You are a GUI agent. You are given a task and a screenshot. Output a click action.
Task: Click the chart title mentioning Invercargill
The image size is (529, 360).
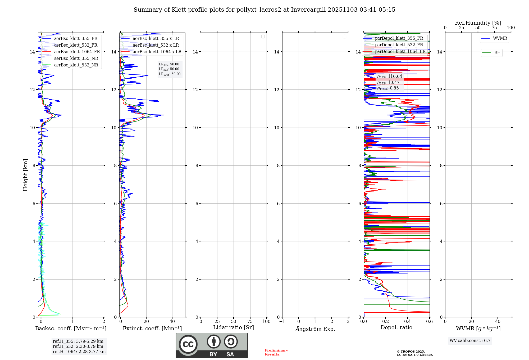click(x=264, y=10)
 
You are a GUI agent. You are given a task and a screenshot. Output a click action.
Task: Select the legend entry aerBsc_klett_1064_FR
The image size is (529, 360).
click(x=77, y=52)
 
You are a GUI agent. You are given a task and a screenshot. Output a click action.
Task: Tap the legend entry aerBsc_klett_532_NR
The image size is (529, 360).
click(x=76, y=65)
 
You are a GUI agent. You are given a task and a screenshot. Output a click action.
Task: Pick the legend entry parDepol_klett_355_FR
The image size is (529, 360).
click(x=399, y=38)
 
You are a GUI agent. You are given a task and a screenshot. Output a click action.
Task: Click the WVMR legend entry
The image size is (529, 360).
click(x=500, y=38)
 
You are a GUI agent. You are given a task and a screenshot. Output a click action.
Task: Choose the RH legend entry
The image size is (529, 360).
click(x=497, y=53)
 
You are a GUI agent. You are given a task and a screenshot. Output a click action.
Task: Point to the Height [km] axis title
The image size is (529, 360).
click(x=25, y=175)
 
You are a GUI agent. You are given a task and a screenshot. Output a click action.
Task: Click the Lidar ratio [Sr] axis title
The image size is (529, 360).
click(x=234, y=328)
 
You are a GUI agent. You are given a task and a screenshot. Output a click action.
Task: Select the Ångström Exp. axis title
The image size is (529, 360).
click(x=315, y=329)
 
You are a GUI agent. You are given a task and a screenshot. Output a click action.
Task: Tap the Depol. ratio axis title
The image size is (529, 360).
click(x=396, y=328)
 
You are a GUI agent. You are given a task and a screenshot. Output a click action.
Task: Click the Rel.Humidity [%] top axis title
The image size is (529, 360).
click(x=478, y=23)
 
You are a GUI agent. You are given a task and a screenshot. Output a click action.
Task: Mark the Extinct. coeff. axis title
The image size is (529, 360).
click(x=152, y=329)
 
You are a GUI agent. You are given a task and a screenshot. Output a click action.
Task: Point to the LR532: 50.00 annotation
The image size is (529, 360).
click(x=169, y=69)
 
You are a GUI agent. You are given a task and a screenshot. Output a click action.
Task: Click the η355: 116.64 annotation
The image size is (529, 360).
click(x=390, y=76)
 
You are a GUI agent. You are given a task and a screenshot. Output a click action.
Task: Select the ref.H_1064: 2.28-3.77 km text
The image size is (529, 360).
click(x=79, y=352)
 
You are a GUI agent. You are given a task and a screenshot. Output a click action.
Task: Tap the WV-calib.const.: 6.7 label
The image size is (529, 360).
click(x=470, y=341)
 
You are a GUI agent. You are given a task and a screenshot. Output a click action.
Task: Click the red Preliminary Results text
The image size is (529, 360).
click(x=276, y=352)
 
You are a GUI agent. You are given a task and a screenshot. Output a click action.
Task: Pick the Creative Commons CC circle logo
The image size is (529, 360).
click(x=188, y=344)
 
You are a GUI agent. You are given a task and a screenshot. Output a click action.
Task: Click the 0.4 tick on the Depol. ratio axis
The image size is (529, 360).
click(x=407, y=322)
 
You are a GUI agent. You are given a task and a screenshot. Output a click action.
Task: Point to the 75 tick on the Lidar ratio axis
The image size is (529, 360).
click(x=250, y=322)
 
